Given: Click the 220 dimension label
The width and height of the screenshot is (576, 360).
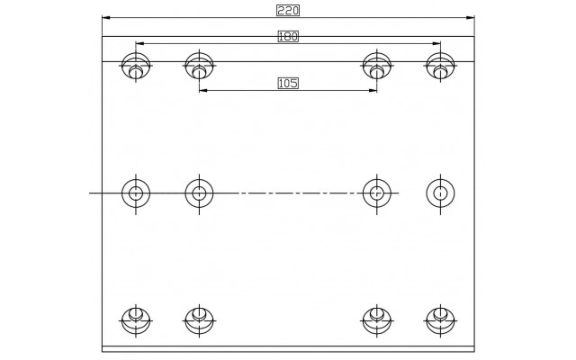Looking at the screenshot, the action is (288, 11).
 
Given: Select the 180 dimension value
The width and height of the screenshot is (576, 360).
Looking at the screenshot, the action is (288, 37).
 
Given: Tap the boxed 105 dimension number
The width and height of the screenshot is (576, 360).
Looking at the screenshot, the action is (288, 84).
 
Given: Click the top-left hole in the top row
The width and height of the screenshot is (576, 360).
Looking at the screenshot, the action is (136, 66).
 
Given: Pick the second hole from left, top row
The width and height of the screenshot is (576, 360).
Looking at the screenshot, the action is (199, 66).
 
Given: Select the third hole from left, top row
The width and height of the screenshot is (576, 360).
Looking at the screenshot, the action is (377, 66).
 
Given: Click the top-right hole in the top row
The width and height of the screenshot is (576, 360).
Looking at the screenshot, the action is (440, 66).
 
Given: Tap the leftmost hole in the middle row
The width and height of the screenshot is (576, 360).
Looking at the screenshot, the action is (136, 193).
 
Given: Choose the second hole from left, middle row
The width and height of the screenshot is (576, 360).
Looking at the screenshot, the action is (199, 193).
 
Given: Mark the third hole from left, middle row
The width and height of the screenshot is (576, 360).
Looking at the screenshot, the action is (377, 193).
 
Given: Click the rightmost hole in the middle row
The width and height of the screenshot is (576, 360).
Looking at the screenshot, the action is (440, 193).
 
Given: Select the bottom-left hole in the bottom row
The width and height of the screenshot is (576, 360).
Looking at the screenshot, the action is (136, 320).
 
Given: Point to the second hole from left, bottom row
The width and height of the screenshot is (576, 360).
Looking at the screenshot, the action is (199, 320).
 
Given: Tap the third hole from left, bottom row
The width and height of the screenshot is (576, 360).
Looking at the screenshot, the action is (377, 320).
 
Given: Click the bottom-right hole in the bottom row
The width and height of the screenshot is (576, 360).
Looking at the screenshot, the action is (440, 320).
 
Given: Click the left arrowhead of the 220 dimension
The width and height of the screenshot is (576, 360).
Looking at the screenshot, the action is (106, 18).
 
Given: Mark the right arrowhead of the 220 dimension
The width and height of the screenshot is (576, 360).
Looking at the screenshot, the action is (470, 18).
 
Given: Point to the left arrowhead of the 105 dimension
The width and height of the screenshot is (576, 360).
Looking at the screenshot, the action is (203, 90).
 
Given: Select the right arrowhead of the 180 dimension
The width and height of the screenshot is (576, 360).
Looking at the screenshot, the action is (436, 43).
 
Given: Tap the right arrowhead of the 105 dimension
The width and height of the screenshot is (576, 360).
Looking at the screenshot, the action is (373, 90).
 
